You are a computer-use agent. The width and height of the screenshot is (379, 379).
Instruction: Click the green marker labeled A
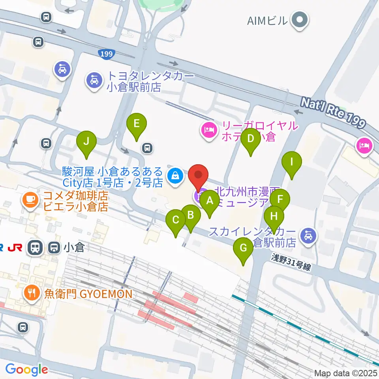tap(210, 201)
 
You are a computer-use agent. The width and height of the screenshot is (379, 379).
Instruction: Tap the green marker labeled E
tap(136, 124)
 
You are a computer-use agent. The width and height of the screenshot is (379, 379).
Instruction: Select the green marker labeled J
tap(86, 141)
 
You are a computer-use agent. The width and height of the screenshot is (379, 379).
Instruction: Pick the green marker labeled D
tap(250, 139)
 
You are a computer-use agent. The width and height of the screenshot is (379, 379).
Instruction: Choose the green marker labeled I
tap(292, 162)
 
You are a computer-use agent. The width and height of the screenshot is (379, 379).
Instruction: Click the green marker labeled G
tap(243, 248)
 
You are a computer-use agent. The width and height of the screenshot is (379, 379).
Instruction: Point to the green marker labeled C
tap(176, 220)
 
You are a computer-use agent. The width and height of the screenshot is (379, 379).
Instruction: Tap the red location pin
tap(198, 175)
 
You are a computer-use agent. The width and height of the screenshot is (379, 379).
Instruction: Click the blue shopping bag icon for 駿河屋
tap(174, 176)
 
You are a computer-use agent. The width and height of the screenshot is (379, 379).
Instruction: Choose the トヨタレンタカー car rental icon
tap(94, 81)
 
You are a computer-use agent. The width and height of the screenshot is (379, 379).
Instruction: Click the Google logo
tap(26, 370)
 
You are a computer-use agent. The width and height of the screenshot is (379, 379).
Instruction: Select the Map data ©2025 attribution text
tap(346, 373)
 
